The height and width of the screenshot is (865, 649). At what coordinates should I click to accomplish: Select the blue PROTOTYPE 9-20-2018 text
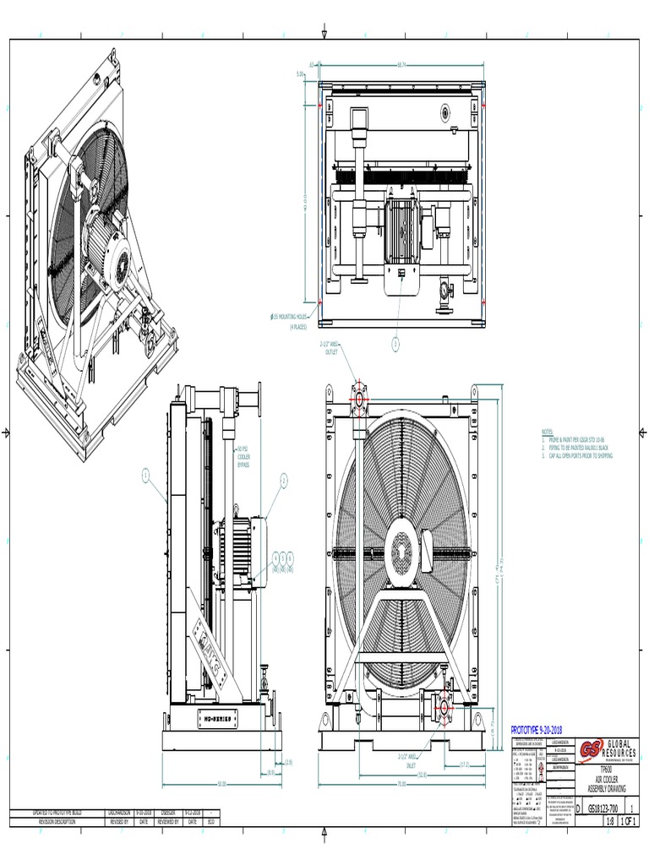tap(537, 730)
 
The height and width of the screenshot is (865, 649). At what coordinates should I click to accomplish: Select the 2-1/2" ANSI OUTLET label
tap(329, 348)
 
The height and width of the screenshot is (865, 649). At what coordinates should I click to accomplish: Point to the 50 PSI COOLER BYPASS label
tap(243, 456)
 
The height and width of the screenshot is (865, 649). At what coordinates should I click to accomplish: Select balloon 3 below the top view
tap(394, 343)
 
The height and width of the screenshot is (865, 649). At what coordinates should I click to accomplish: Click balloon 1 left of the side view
tap(145, 476)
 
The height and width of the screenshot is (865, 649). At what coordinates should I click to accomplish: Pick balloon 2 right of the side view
tap(284, 479)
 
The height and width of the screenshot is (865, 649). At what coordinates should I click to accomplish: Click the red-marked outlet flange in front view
tap(358, 398)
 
